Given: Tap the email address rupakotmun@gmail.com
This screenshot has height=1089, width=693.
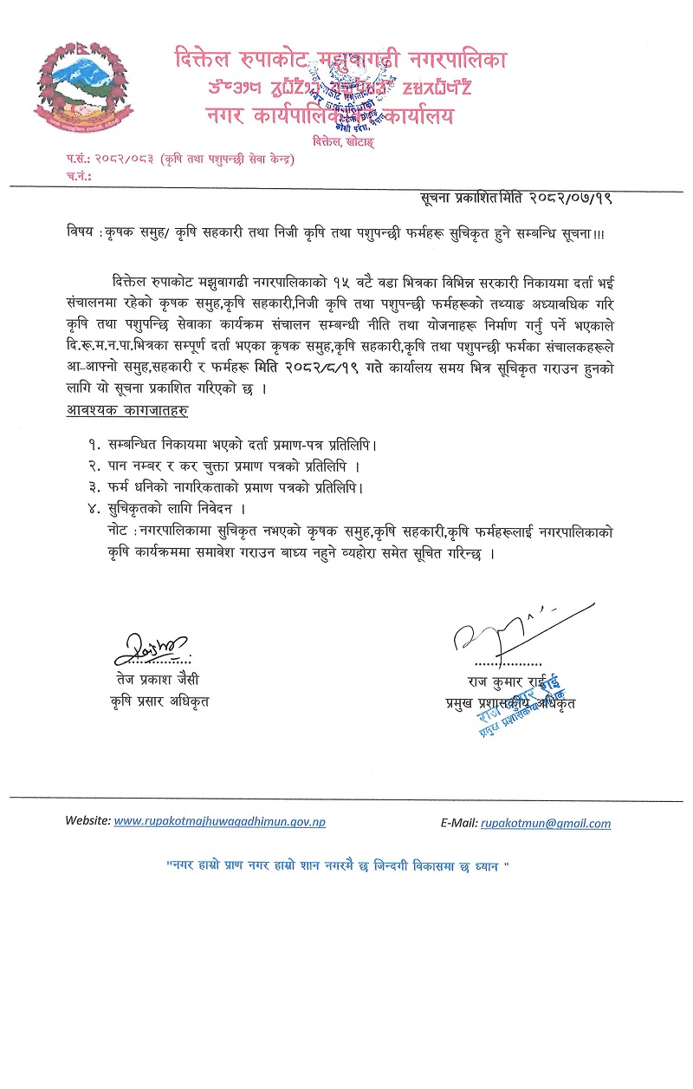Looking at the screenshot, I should click(546, 824).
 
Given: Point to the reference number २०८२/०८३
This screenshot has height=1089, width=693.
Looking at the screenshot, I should click(118, 160).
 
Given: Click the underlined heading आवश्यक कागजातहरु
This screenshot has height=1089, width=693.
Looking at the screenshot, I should click(127, 409).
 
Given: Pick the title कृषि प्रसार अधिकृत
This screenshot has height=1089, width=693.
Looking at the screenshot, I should click(159, 700).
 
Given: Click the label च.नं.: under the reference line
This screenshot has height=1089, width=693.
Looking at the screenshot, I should click(76, 175).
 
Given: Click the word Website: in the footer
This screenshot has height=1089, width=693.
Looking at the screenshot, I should click(87, 819).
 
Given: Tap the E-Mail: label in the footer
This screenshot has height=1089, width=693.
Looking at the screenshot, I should click(457, 824).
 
